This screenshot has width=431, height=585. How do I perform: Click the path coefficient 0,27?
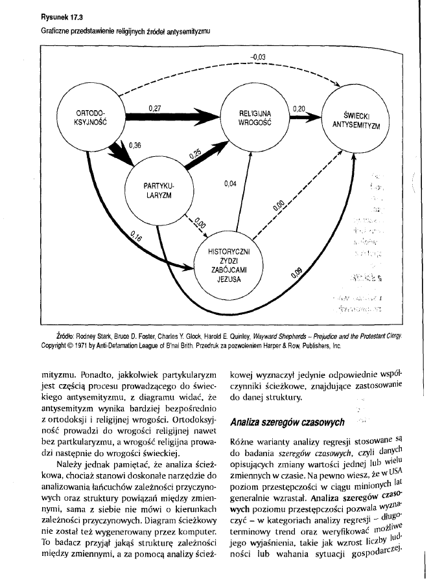point(155,107)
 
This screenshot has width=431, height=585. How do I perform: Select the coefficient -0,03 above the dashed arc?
point(258,58)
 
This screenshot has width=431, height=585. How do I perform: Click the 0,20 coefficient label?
point(299,108)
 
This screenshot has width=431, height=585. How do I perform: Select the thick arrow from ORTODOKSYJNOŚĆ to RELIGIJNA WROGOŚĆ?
point(172,118)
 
